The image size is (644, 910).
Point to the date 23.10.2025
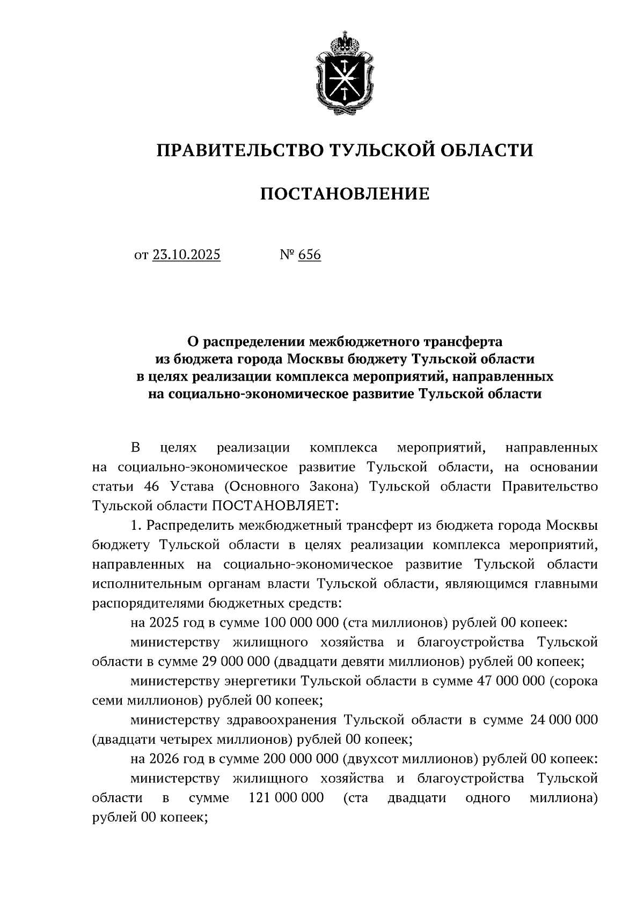[186, 255]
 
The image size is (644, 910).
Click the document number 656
[309, 255]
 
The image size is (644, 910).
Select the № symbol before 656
[286, 255]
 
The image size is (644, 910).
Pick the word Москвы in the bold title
[317, 359]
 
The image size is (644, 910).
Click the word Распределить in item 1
[191, 525]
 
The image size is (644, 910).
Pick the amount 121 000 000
[287, 797]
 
